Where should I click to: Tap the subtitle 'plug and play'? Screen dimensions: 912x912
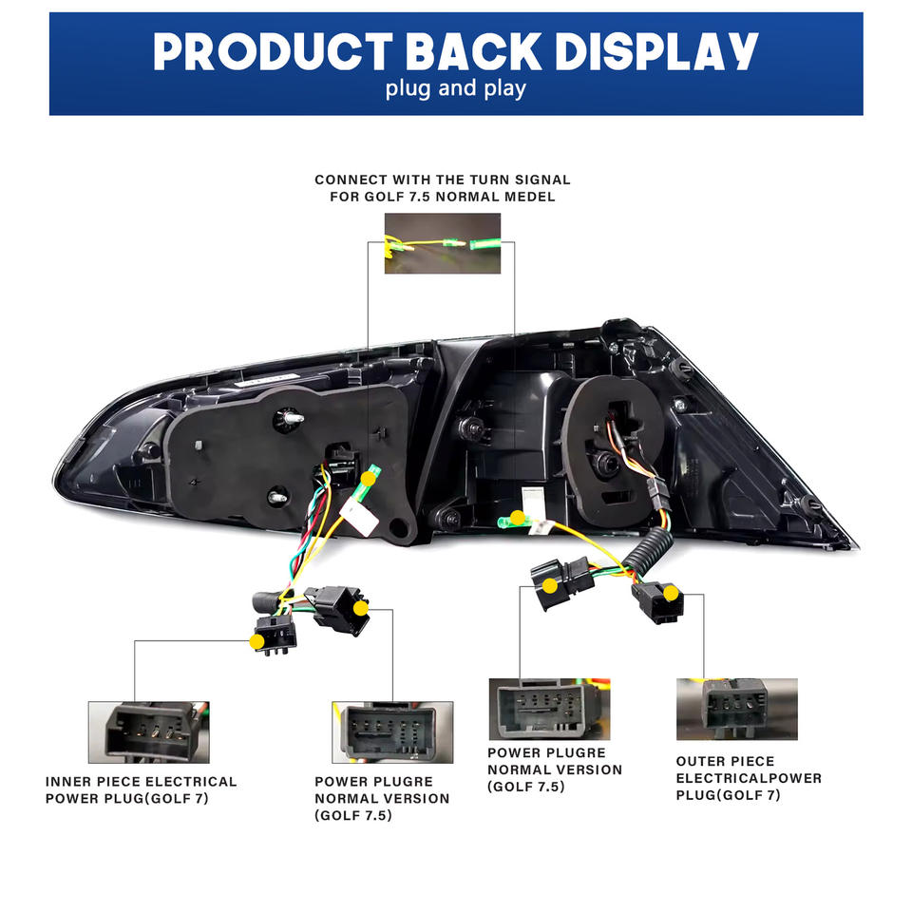pos(456,89)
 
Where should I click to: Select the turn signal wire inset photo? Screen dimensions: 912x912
pos(442,243)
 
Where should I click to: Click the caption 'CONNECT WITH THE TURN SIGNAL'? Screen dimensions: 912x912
pos(443,179)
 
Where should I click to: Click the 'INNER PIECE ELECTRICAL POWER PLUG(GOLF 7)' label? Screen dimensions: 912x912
pos(141,789)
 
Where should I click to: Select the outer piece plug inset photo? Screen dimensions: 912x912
pos(735,709)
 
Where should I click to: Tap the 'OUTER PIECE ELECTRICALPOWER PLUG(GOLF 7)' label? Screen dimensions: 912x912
pos(749,778)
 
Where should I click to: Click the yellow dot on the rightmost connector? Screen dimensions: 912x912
pos(672,594)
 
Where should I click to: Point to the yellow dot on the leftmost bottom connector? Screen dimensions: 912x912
pos(256,641)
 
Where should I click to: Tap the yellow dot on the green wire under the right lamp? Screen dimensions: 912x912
pos(517,519)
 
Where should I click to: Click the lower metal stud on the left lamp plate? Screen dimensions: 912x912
pos(277,494)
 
